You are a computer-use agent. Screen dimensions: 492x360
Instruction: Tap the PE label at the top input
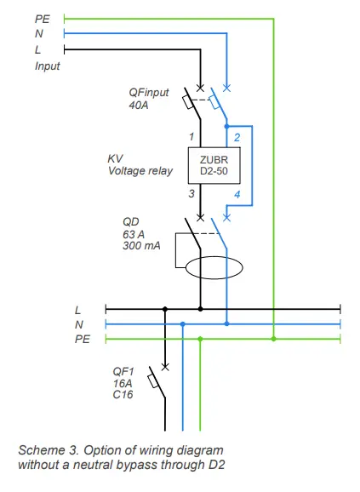(x=43, y=17)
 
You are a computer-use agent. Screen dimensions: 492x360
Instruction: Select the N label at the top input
(x=39, y=34)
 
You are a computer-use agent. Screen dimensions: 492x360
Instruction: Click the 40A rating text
(x=140, y=106)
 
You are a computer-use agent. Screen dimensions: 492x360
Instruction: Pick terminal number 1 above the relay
(x=192, y=136)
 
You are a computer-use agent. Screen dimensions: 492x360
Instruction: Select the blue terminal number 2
(x=237, y=136)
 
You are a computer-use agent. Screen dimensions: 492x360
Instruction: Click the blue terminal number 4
(x=237, y=195)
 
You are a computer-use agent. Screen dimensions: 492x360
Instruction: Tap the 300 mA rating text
(x=142, y=244)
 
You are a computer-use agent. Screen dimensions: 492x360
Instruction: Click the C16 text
(x=123, y=396)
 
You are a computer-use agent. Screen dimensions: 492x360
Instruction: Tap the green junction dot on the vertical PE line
(x=273, y=339)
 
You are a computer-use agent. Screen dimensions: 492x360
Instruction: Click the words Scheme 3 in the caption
(x=44, y=449)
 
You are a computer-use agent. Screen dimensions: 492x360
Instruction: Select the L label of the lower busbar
(x=78, y=309)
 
